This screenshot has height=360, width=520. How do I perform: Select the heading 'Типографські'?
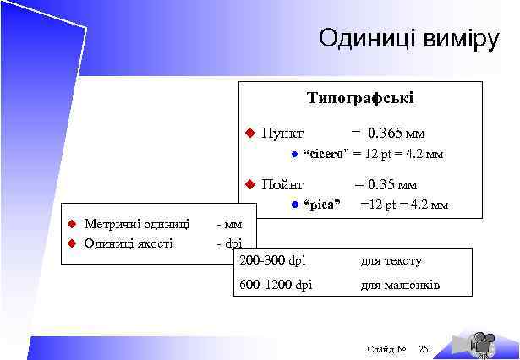click(360, 99)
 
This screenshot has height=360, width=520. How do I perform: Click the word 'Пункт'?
click(283, 134)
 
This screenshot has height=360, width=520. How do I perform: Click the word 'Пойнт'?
click(283, 184)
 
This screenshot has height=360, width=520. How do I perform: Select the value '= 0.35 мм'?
click(385, 184)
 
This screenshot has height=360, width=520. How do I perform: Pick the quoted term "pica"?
click(321, 205)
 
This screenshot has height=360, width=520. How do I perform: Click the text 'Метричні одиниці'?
click(136, 224)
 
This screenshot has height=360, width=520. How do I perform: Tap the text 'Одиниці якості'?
click(129, 243)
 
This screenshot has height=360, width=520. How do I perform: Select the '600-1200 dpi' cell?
click(276, 285)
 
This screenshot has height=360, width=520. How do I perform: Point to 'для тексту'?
click(391, 261)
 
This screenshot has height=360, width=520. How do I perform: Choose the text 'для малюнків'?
click(400, 285)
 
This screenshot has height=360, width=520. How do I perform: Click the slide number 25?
click(424, 349)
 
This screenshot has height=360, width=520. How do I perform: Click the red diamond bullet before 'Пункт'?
click(249, 134)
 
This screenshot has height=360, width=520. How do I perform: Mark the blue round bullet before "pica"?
click(293, 205)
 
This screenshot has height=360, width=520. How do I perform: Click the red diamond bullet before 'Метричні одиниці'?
click(73, 224)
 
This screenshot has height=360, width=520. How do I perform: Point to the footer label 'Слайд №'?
click(387, 349)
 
